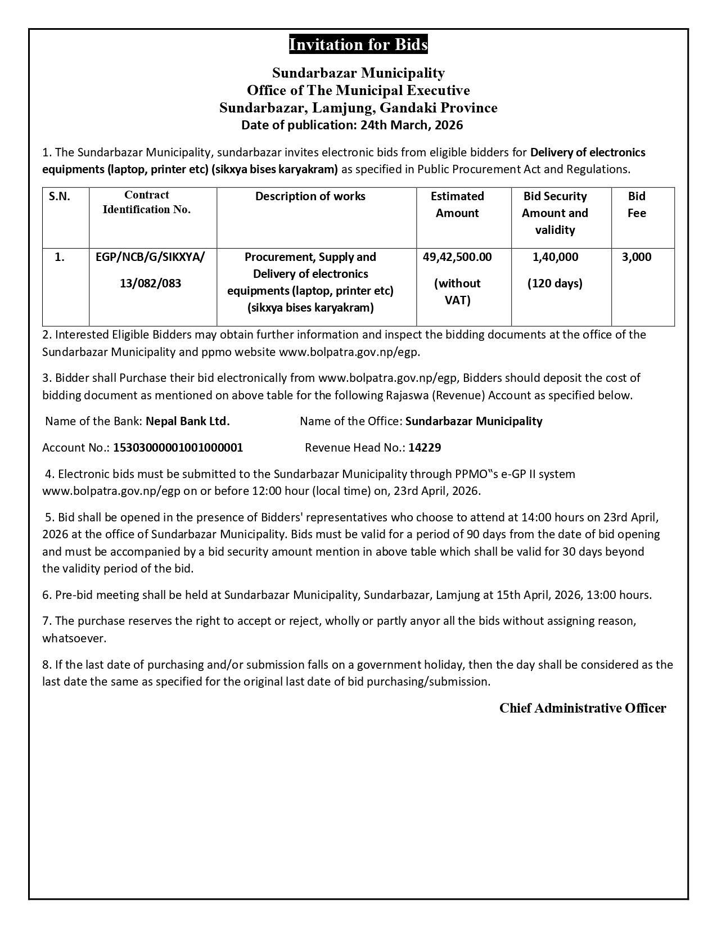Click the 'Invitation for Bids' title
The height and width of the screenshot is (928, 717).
(358, 44)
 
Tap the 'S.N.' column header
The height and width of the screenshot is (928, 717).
(60, 196)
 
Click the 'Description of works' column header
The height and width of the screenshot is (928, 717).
(310, 196)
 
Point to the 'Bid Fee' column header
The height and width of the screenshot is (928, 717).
(637, 204)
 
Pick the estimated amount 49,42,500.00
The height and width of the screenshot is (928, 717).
(457, 257)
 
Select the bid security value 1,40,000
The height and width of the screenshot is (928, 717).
(555, 257)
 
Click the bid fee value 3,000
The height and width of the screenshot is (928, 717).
(637, 257)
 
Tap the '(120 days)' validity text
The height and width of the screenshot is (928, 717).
(555, 283)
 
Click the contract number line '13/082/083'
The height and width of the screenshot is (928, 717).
(151, 283)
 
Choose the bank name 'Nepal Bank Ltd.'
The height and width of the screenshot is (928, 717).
(188, 421)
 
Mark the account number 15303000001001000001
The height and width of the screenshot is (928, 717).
(178, 448)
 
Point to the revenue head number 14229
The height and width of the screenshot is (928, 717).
(425, 448)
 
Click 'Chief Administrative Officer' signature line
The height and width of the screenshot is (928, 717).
(583, 708)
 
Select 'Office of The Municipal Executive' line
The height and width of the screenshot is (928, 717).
(358, 90)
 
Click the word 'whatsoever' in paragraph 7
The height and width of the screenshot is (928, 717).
(74, 638)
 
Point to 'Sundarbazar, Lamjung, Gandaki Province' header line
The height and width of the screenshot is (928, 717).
(358, 107)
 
